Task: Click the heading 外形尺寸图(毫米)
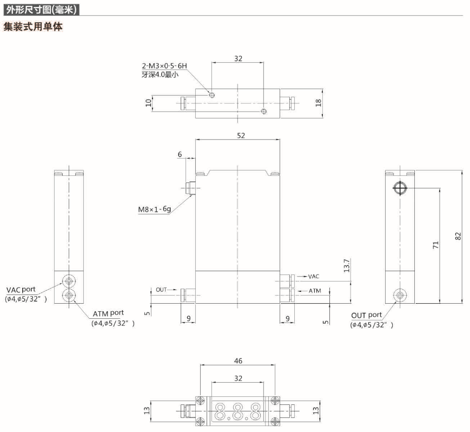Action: (x=41, y=9)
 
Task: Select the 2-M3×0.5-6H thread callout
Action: (x=161, y=66)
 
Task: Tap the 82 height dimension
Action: (x=458, y=237)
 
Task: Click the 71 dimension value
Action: (x=435, y=245)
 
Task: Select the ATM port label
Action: (x=108, y=313)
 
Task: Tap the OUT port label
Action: (x=366, y=315)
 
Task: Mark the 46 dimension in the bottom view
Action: (x=239, y=361)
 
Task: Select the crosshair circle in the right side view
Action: (x=399, y=188)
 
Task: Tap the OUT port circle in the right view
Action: (x=400, y=295)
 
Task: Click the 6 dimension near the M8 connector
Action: (x=180, y=154)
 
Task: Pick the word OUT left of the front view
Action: (x=161, y=290)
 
